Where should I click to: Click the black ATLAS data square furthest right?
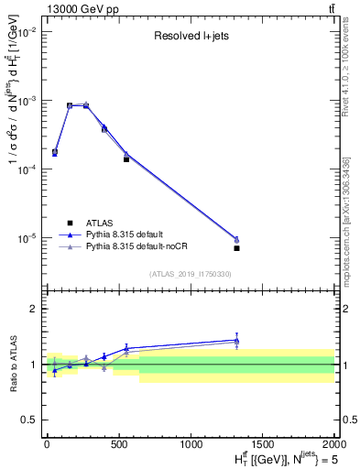pyautogui.click(x=236, y=248)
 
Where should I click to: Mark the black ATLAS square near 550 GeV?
pyautogui.click(x=126, y=159)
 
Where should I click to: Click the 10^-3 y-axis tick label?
pyautogui.click(x=28, y=100)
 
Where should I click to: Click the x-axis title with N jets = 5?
pyautogui.click(x=278, y=457)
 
